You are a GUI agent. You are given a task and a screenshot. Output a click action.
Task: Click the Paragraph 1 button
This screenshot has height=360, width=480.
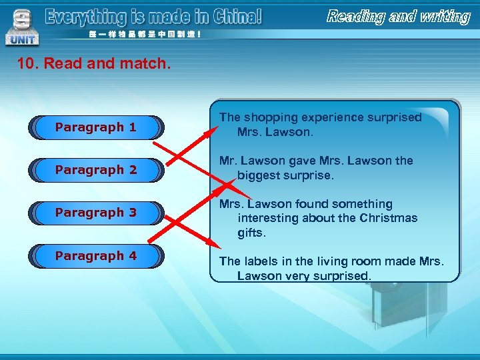96,127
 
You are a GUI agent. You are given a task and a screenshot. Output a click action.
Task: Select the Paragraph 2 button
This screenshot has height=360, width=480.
96,170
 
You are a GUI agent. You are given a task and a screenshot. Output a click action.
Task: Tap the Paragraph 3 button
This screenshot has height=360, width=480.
96,213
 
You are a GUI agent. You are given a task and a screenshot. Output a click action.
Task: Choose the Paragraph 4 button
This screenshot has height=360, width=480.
96,256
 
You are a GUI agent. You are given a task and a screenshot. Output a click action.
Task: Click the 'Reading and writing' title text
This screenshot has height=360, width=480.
398,17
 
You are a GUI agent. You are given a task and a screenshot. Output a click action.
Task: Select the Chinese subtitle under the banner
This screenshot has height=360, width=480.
141,35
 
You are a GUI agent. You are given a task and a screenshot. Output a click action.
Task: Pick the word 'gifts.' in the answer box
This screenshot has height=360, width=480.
253,233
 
